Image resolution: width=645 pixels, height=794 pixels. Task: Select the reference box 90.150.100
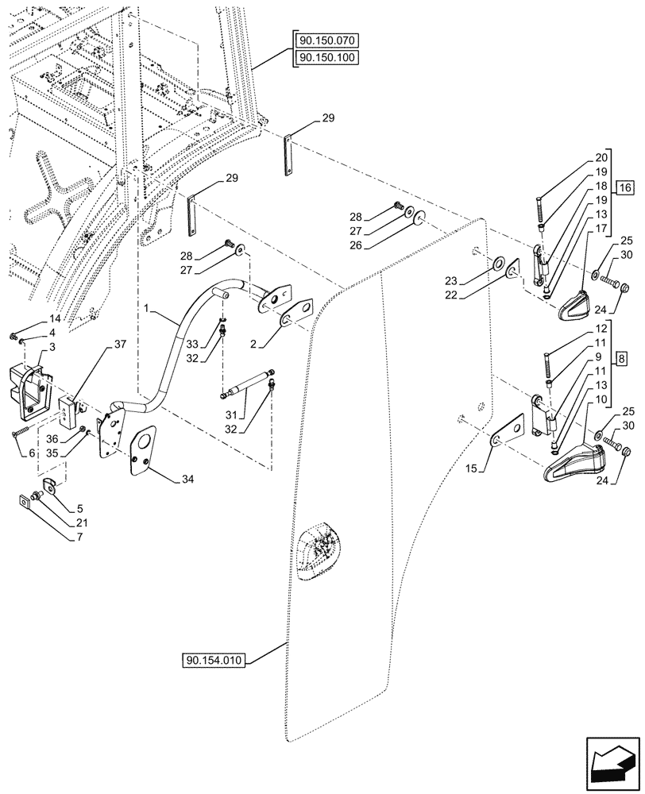(x=327, y=57)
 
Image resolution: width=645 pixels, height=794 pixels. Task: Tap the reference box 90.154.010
(x=215, y=661)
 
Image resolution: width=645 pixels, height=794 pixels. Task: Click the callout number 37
(x=119, y=344)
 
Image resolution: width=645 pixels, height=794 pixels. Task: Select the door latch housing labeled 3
(x=29, y=390)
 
